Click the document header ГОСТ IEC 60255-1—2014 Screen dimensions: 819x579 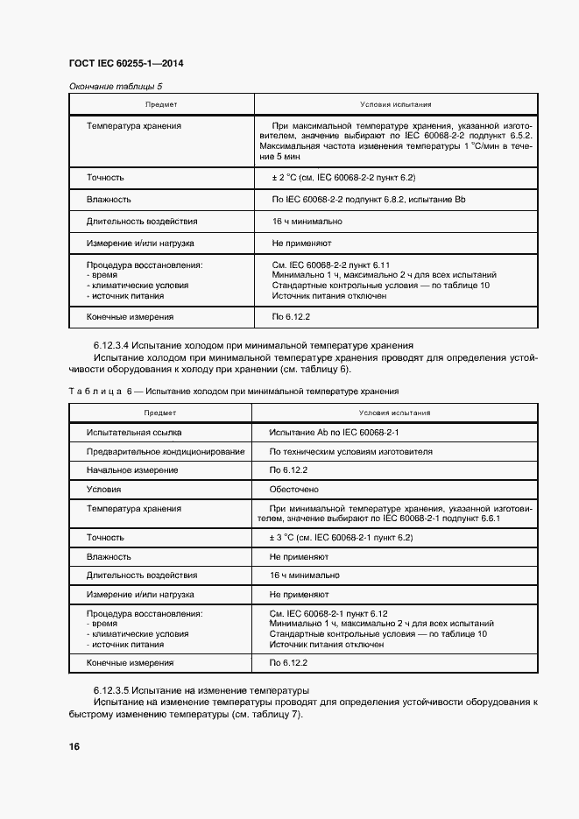(x=125, y=64)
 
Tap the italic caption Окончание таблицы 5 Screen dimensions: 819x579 (x=116, y=86)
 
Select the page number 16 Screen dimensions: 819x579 (x=74, y=746)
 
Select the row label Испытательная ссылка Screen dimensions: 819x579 (x=130, y=432)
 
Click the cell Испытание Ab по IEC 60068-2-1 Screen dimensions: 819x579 (x=335, y=432)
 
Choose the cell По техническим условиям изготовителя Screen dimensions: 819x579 (x=351, y=452)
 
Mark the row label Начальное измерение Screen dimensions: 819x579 (x=131, y=470)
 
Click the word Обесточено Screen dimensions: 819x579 (x=294, y=489)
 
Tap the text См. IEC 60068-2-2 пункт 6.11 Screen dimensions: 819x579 (x=331, y=264)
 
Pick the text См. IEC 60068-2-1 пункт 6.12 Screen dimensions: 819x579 (x=329, y=613)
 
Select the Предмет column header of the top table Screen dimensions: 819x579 (x=161, y=104)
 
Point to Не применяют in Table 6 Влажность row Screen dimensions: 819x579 (x=299, y=556)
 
